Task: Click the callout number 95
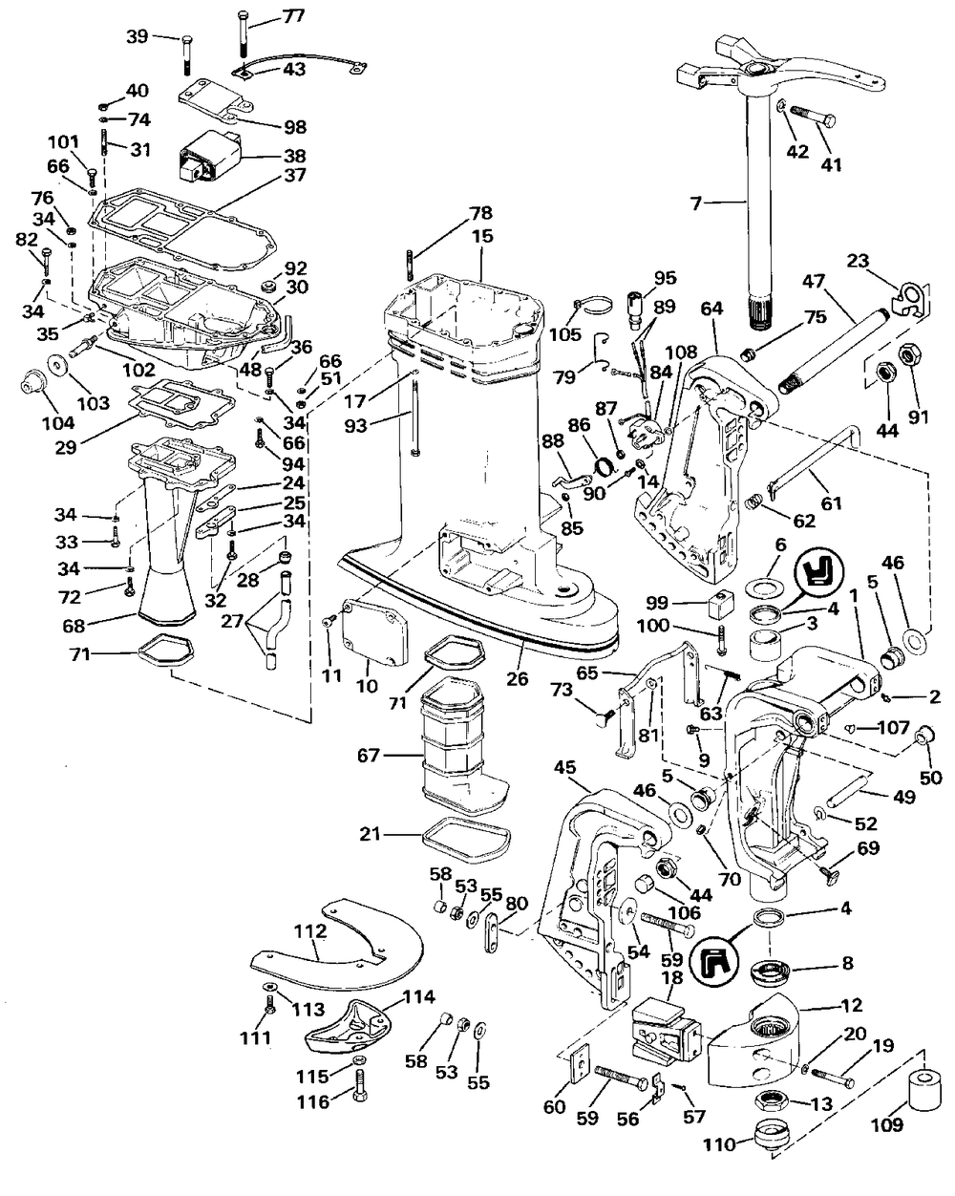665,278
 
